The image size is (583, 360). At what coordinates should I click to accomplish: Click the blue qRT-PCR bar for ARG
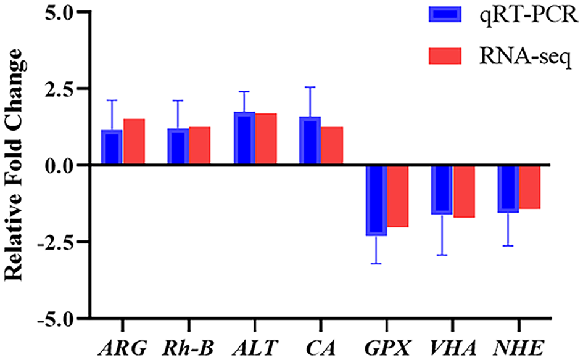(112, 148)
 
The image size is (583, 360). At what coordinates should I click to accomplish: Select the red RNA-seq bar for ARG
(134, 142)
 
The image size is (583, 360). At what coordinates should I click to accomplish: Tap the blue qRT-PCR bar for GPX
(376, 200)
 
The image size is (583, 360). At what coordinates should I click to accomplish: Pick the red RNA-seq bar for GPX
(398, 196)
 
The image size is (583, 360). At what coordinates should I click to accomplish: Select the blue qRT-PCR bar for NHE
(508, 189)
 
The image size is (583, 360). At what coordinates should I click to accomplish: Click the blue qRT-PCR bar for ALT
(244, 139)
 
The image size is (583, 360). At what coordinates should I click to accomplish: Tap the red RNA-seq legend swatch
(444, 56)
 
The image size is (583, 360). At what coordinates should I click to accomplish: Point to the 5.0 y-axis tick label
(60, 12)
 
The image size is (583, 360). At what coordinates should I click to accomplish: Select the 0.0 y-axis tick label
(60, 165)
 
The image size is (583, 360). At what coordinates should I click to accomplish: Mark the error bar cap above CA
(310, 88)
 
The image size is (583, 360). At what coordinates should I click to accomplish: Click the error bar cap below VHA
(442, 255)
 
